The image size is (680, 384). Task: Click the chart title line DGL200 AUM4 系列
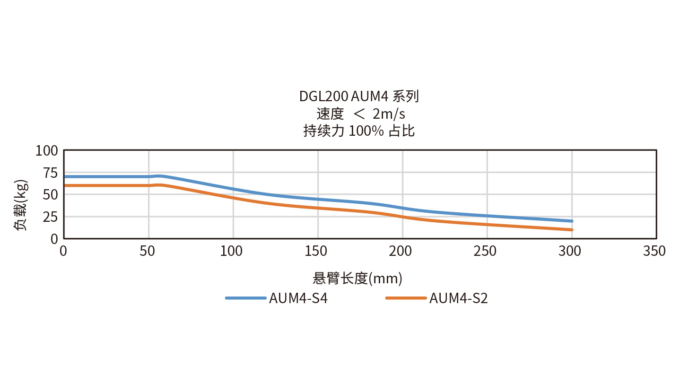click(x=359, y=96)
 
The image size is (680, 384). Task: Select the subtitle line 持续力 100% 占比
click(x=359, y=131)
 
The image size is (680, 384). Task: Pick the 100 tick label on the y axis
click(x=47, y=151)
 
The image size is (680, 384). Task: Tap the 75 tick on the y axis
click(x=49, y=173)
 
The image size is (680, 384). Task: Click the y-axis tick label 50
click(x=49, y=194)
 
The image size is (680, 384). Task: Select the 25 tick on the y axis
click(x=49, y=217)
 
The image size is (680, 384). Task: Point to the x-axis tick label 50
click(x=148, y=251)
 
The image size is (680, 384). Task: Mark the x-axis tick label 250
click(x=485, y=251)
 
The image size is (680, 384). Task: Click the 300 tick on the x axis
click(x=570, y=251)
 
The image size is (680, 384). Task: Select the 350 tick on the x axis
click(x=654, y=251)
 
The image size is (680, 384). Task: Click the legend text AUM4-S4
click(x=298, y=299)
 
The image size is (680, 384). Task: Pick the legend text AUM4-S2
click(x=458, y=299)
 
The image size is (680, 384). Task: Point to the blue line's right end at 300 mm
click(x=572, y=221)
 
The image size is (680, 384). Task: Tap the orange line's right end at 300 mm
click(x=572, y=230)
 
